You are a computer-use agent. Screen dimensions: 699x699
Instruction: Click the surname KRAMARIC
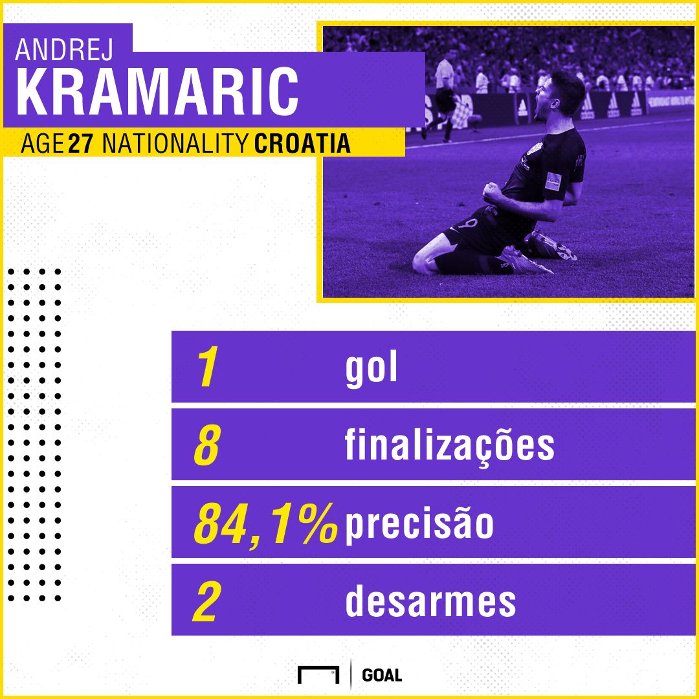click(x=158, y=93)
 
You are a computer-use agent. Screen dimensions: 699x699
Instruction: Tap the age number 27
click(x=81, y=144)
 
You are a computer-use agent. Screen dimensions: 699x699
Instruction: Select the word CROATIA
click(x=302, y=144)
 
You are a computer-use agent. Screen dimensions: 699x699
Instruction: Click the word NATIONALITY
click(x=174, y=144)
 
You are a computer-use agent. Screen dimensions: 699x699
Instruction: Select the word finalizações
click(x=450, y=446)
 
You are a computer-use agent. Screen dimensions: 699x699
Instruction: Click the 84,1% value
click(x=265, y=524)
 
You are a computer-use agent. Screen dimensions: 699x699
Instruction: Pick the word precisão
click(x=419, y=524)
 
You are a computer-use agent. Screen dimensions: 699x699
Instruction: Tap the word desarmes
click(x=430, y=602)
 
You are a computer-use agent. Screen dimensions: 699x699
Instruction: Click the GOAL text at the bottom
click(x=382, y=675)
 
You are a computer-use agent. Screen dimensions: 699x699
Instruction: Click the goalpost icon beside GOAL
click(x=318, y=674)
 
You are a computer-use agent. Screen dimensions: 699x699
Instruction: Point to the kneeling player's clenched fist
click(x=494, y=190)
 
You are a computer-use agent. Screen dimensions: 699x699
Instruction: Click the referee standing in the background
click(x=445, y=94)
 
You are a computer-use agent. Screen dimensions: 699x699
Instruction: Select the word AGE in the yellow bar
click(x=41, y=144)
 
